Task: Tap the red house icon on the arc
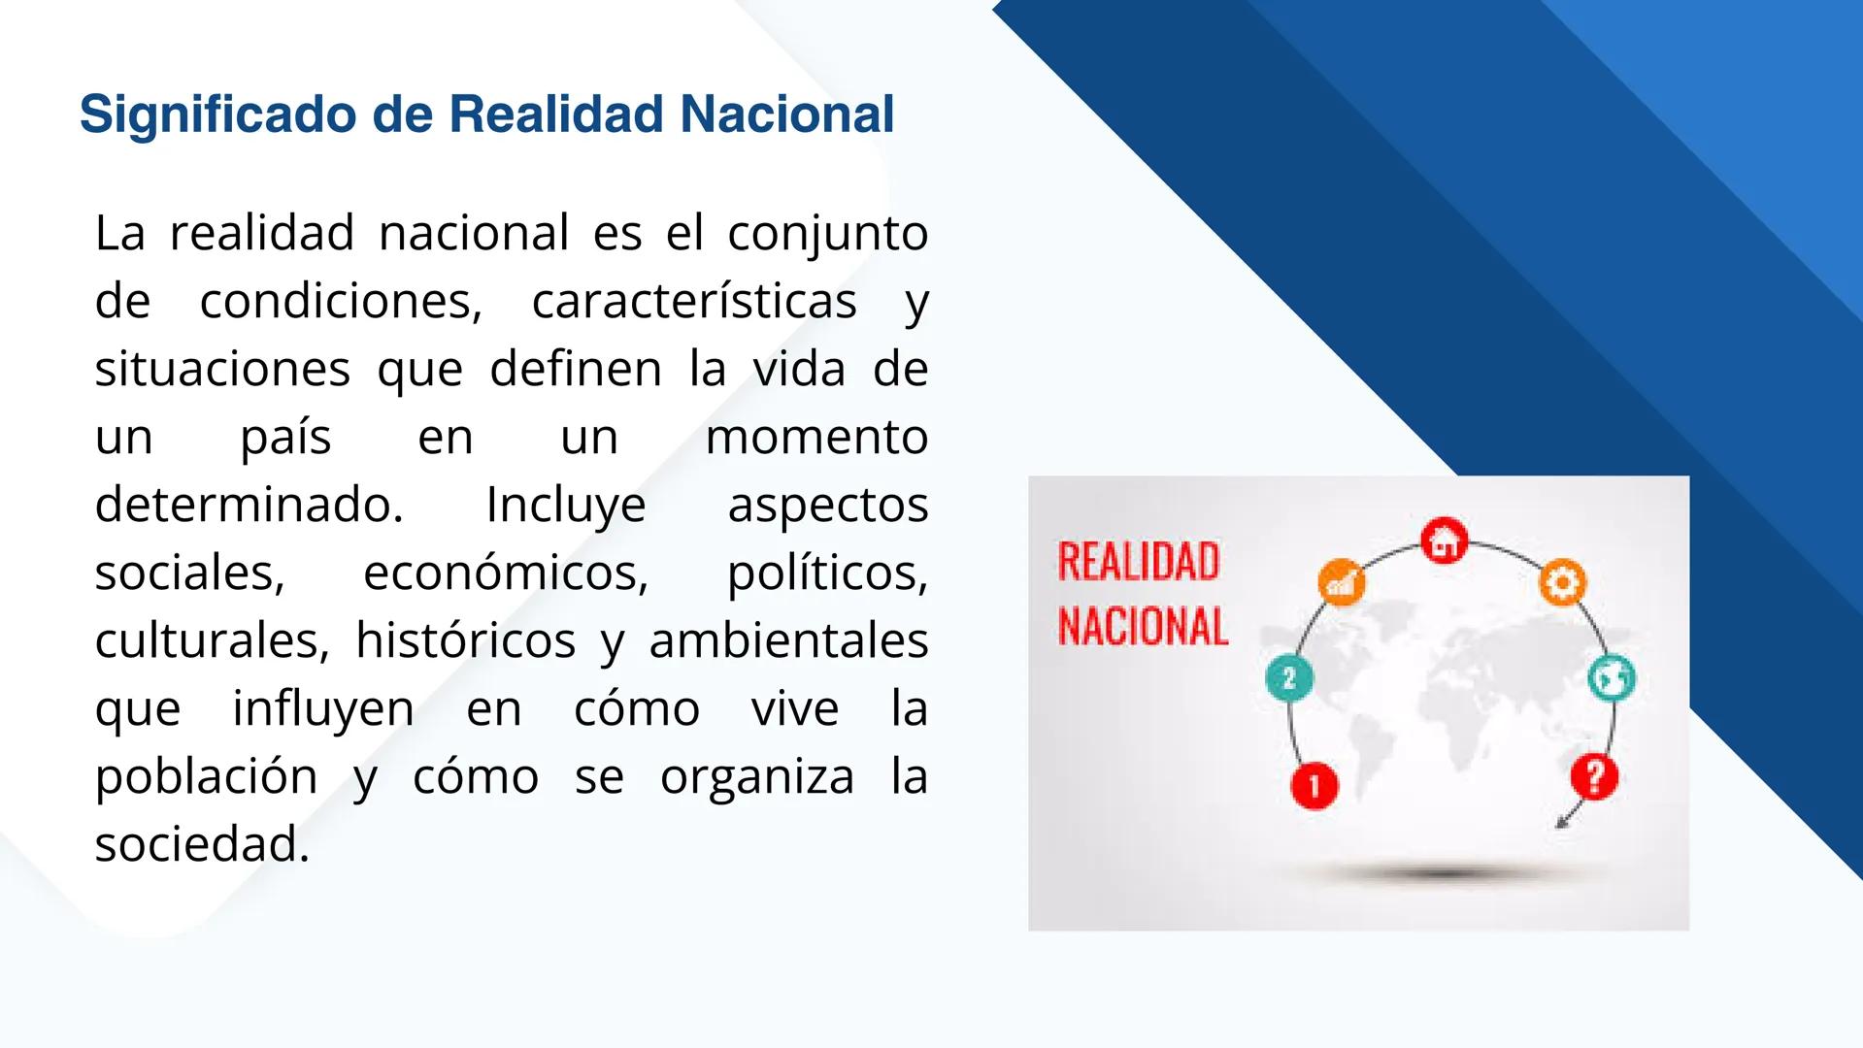[1444, 540]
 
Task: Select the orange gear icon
[1562, 583]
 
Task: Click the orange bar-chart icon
[1341, 583]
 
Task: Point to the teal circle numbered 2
[1289, 677]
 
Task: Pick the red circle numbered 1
[1314, 784]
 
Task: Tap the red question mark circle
[1593, 775]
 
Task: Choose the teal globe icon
[1611, 677]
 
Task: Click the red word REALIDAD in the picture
[1138, 562]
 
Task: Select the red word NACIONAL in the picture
[1143, 626]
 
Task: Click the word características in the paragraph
[694, 301]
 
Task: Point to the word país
[285, 438]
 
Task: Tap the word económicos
[505, 573]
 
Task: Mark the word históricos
[465, 640]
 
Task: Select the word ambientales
[788, 640]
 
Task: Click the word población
[206, 777]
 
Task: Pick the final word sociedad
[201, 844]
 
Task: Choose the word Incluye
[565, 506]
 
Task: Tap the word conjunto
[827, 234]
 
